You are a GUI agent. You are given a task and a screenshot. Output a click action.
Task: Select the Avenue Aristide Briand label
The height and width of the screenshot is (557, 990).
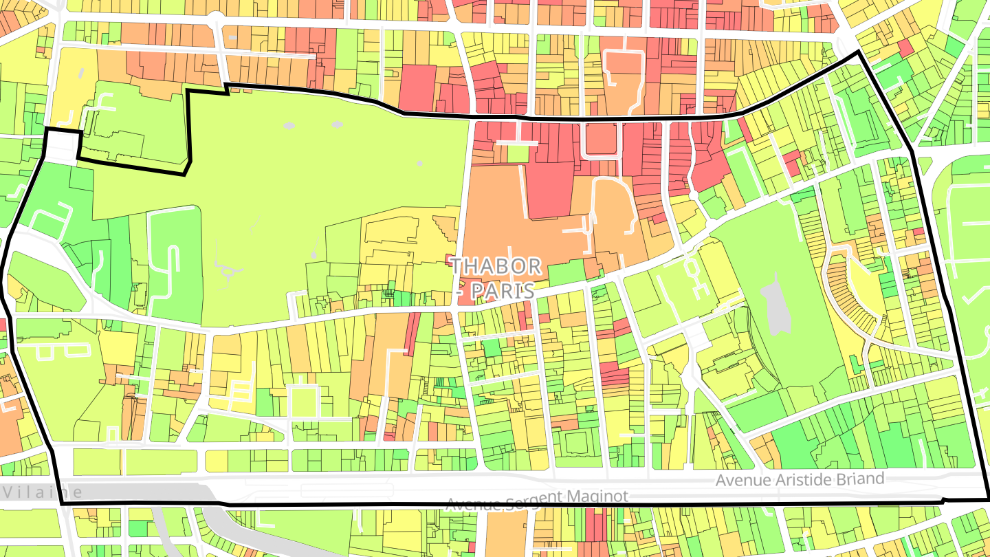point(799,479)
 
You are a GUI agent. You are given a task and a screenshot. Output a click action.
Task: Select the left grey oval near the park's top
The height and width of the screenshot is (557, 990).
point(288,126)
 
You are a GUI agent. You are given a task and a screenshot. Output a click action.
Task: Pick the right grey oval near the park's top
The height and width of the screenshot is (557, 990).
point(337,124)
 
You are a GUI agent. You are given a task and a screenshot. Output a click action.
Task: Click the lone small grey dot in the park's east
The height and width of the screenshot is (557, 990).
point(419,164)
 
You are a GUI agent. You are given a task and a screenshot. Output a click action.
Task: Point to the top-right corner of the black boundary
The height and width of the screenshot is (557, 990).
point(859,52)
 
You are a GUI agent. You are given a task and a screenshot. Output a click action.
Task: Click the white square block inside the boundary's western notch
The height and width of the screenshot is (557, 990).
point(62,143)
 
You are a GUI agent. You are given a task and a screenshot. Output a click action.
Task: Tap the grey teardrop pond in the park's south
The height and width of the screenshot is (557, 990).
point(313,254)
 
